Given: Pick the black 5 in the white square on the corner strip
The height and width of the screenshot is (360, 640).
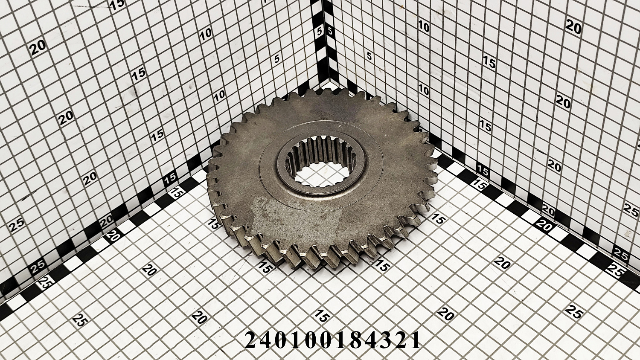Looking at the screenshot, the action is (x=330, y=31).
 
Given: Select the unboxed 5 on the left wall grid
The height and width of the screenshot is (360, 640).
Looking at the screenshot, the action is (x=276, y=59).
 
